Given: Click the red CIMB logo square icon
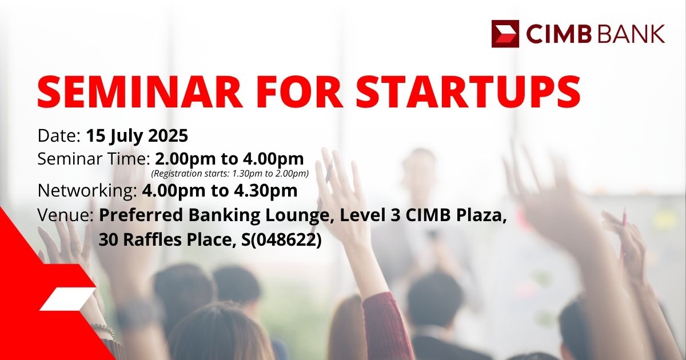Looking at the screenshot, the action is (505, 34).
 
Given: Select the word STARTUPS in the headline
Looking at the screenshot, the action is (468, 92).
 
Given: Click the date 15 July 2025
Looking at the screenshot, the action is (137, 136).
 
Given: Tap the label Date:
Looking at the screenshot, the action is (59, 135).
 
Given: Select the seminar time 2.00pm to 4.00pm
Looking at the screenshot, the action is (229, 159).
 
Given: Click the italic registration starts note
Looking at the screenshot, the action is (230, 174).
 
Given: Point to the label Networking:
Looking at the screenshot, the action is (87, 191).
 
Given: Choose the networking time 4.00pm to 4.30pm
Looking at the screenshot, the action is (220, 190).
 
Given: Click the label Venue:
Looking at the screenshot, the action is (66, 215).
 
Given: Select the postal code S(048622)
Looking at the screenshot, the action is (281, 239).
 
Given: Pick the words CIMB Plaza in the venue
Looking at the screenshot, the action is (456, 215).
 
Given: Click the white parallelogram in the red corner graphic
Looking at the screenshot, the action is (67, 299).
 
